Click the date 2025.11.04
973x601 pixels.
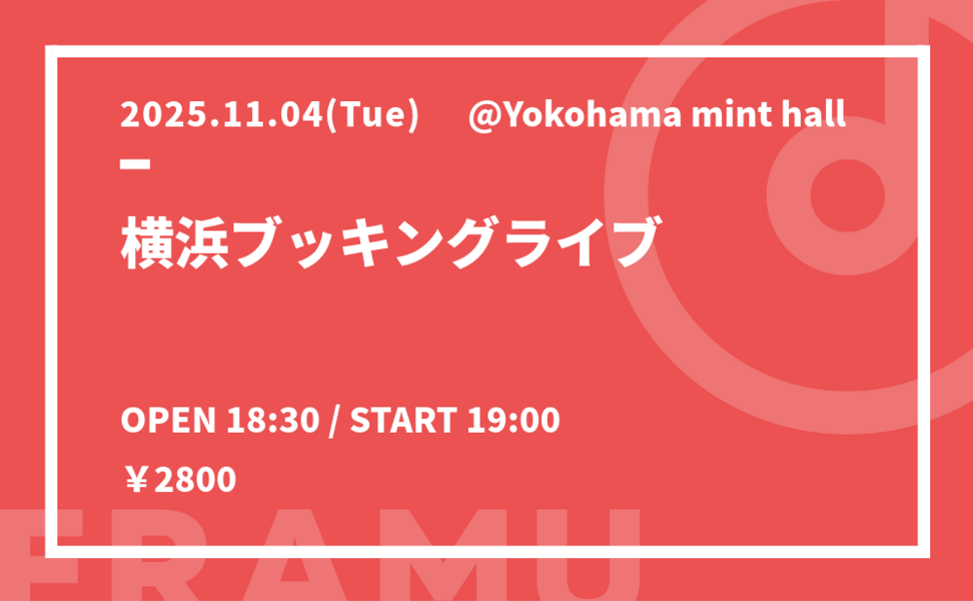[222, 115]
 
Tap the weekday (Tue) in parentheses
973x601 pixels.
[373, 116]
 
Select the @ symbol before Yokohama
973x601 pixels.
[483, 116]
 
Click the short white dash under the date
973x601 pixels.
[135, 163]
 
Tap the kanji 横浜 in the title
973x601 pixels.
[175, 242]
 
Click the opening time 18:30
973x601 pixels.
[273, 420]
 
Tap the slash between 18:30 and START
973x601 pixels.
[335, 421]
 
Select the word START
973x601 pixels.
[404, 420]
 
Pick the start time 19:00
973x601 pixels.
[513, 420]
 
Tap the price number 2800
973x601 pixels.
[195, 480]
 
